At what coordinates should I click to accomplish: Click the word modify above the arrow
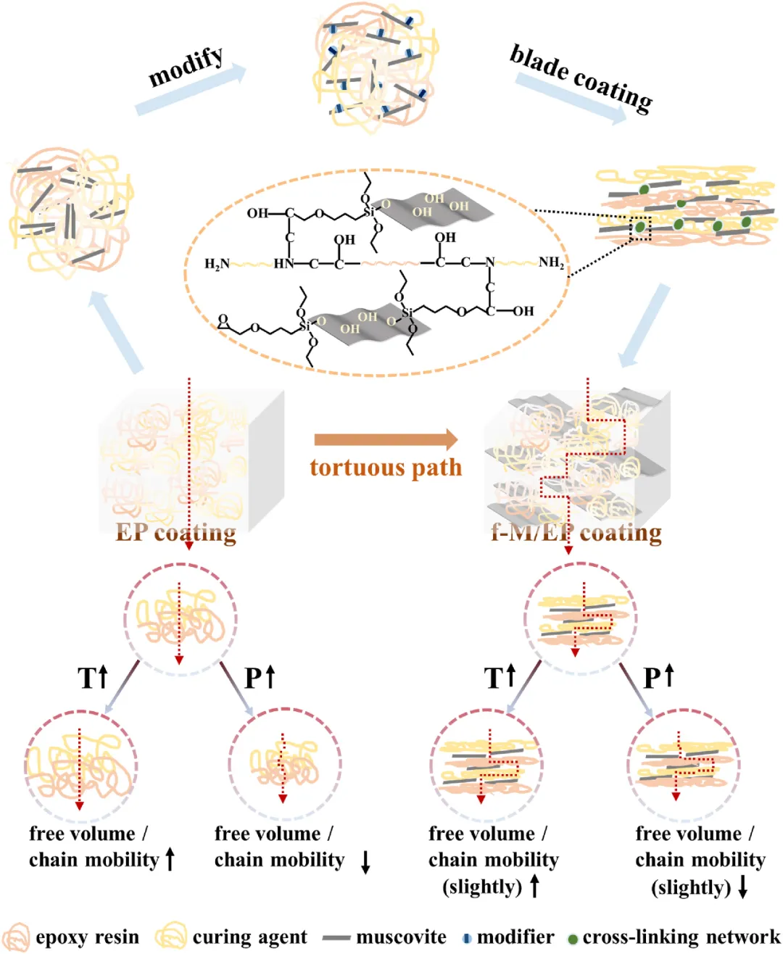coord(186,67)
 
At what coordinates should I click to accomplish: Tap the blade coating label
coord(581,78)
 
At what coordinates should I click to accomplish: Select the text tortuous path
coord(386,468)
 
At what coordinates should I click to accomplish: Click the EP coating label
coord(175,534)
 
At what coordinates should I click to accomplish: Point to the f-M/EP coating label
coord(576,534)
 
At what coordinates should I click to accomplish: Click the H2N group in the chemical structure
coord(217,264)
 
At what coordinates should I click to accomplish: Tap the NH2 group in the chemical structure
coord(551,262)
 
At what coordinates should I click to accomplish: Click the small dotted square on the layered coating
coord(640,228)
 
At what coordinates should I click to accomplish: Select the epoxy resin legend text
coord(87,937)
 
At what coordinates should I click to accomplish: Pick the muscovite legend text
coord(401,937)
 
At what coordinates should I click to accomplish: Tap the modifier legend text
coord(515,937)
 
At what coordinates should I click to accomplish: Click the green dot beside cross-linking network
coord(573,939)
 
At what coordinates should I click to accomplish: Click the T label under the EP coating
coord(87,679)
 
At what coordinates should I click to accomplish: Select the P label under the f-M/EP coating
coord(652,679)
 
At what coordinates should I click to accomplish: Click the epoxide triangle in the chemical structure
coord(223,320)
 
